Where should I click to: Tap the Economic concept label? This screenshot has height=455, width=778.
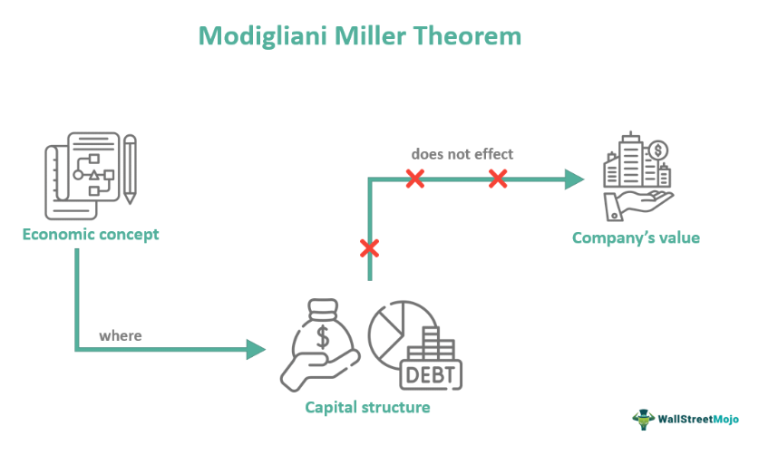point(91,234)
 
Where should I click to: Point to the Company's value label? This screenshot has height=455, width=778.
point(636,237)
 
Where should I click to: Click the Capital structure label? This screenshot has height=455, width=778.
point(366,407)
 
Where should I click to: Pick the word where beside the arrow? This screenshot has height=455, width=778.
point(121,335)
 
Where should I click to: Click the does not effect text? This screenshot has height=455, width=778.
point(462,154)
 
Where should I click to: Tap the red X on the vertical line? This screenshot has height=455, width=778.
point(369,247)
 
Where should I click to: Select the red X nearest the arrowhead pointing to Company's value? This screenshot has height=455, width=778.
point(497,179)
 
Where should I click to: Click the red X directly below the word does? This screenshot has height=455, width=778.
point(415,179)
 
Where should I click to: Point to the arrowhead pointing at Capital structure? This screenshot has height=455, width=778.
point(256,349)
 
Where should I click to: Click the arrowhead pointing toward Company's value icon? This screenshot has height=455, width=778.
point(573,179)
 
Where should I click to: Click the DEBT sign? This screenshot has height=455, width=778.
point(430,372)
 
